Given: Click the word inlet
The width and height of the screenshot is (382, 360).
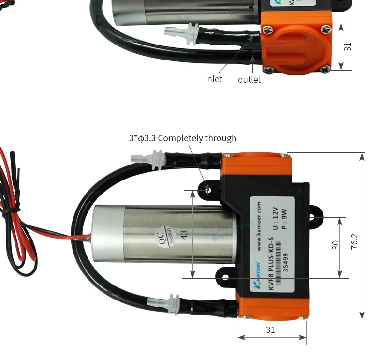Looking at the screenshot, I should coord(213,79).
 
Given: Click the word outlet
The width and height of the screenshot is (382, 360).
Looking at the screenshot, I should coord(249,79).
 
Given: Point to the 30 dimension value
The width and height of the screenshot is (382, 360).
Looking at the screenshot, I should coord(336,245).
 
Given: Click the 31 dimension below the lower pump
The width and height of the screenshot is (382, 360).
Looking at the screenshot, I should coord(271,330).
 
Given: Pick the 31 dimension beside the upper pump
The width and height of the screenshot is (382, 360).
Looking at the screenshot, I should coord(347,46).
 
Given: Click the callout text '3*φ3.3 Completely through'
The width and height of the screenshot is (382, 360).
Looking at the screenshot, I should coord(182,138).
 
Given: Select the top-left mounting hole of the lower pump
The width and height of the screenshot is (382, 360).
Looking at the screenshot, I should coord(208,190).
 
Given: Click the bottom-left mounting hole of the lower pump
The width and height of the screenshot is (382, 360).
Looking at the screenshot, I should coord(225,277).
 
